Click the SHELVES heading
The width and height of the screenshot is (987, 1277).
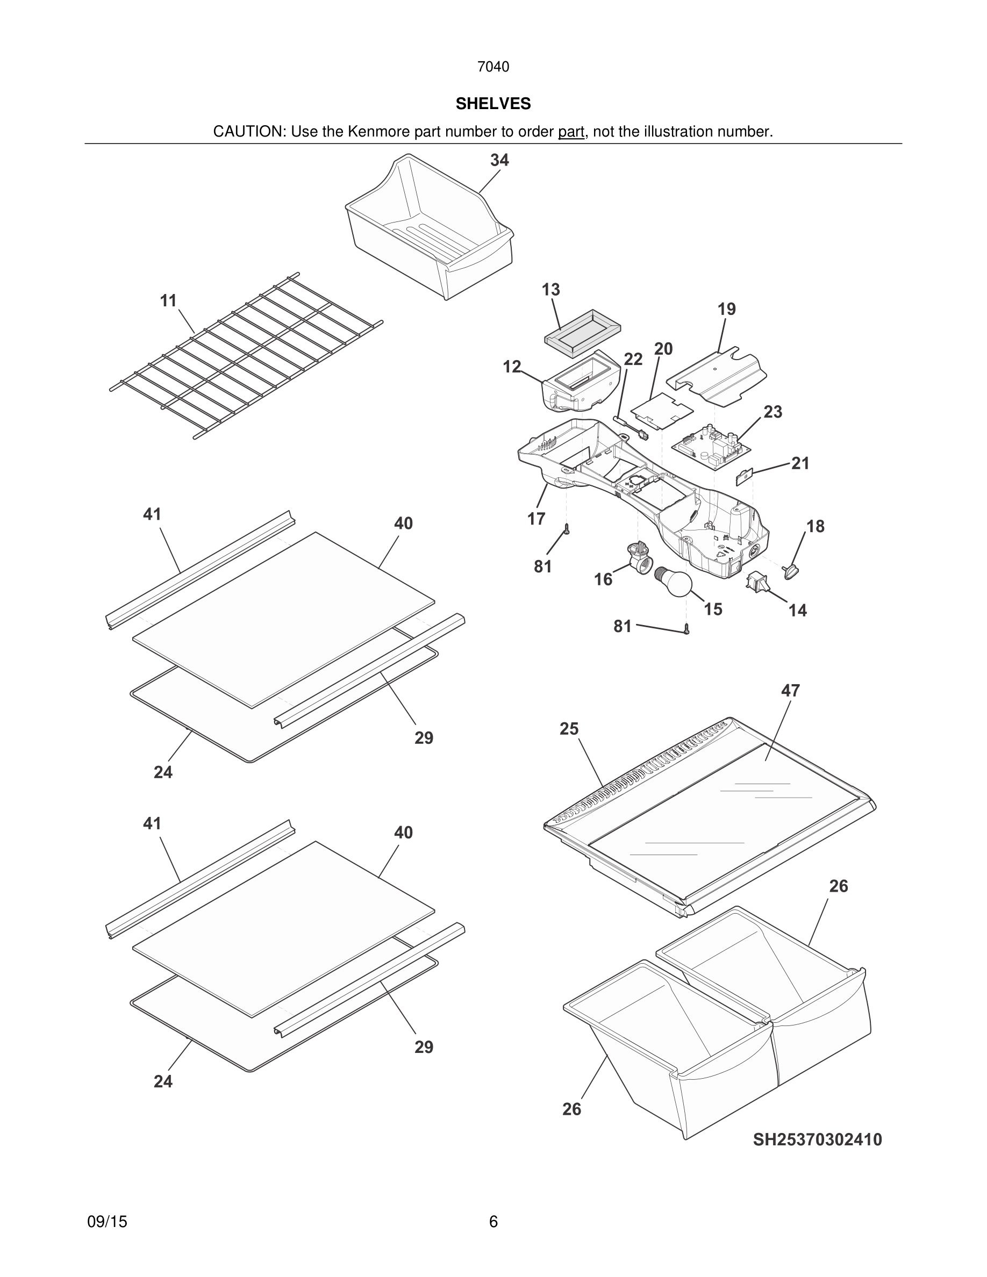tap(493, 104)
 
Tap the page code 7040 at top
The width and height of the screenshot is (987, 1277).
tap(493, 67)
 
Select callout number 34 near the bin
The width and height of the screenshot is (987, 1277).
tap(499, 160)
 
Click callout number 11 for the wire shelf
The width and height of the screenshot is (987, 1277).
tap(168, 301)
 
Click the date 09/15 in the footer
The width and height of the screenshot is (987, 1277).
tap(107, 1222)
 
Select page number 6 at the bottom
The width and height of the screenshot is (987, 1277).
tap(493, 1222)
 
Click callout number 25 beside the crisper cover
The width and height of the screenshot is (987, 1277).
tap(568, 729)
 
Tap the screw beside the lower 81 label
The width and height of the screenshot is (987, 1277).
tap(687, 630)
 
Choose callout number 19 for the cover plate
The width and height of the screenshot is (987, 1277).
tap(726, 310)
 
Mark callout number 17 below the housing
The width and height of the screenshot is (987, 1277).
tap(535, 519)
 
